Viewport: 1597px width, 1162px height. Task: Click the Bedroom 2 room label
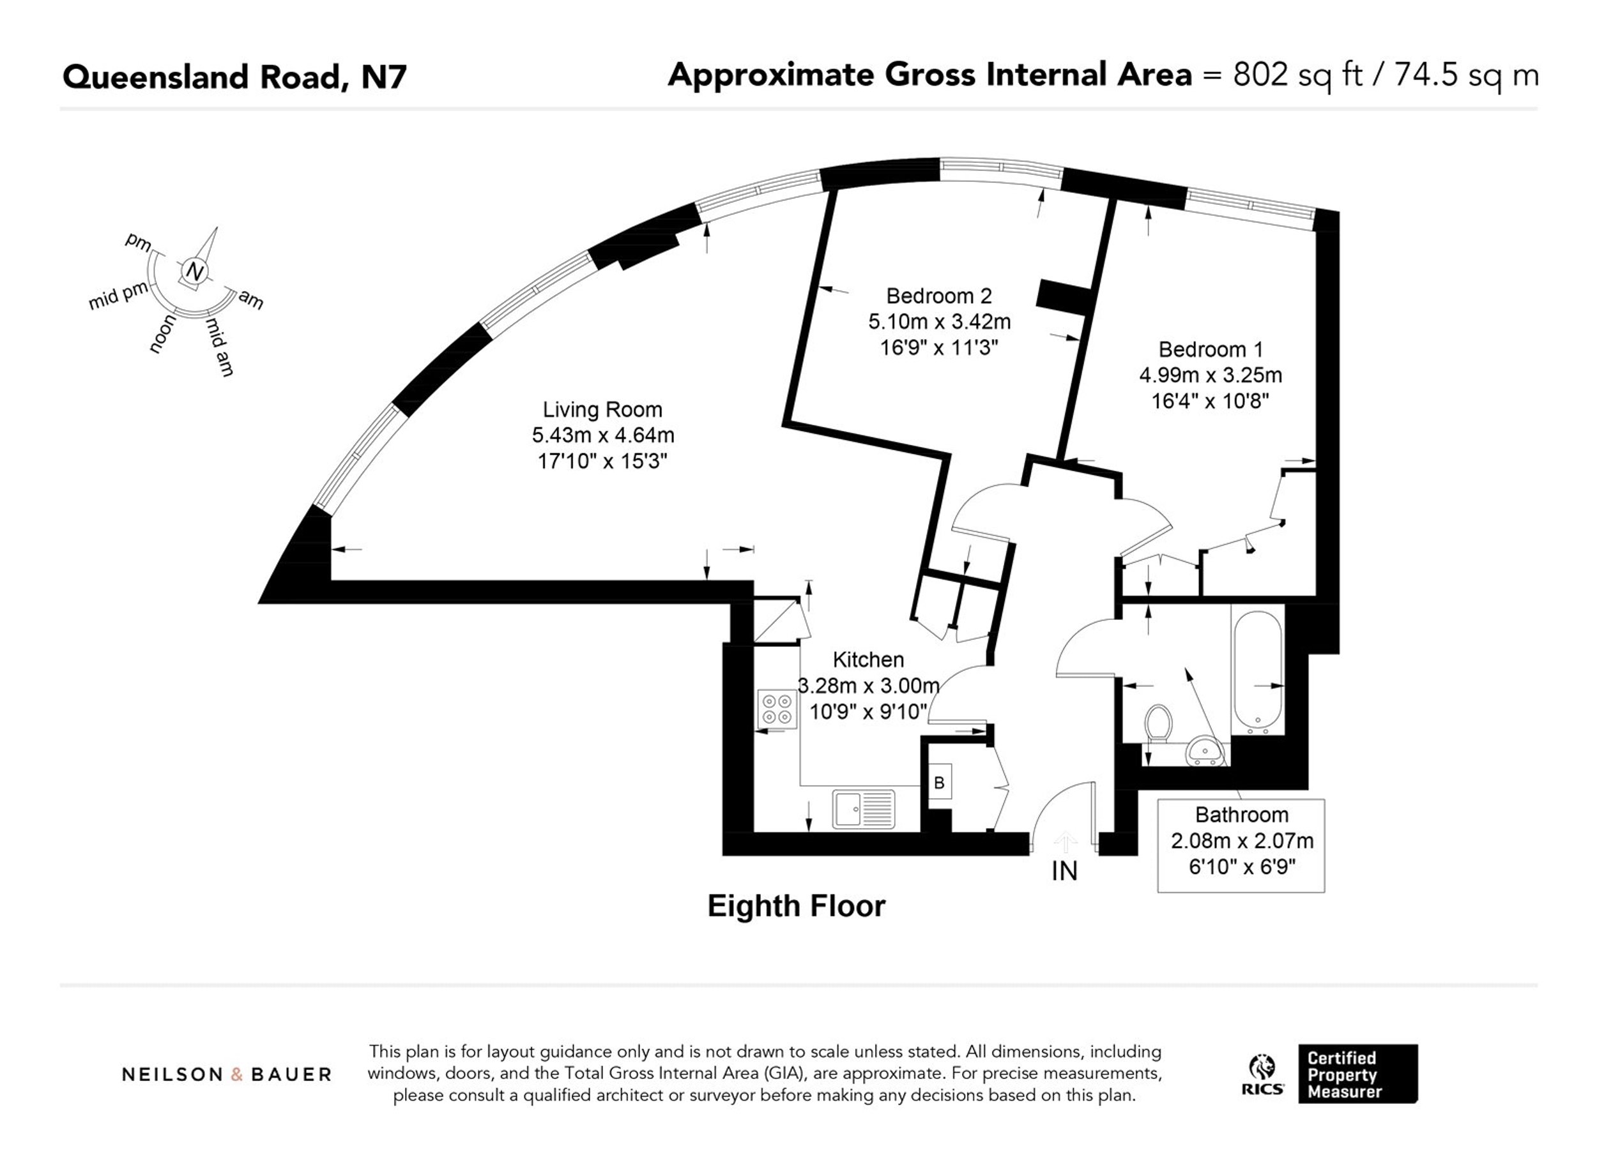point(938,296)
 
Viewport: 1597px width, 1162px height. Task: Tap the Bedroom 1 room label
point(1211,349)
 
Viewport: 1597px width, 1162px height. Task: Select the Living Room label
point(602,410)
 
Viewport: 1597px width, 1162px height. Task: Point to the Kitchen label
point(868,660)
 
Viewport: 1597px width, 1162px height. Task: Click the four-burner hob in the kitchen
point(777,709)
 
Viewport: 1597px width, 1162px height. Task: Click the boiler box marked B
point(938,782)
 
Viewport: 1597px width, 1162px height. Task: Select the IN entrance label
point(1064,871)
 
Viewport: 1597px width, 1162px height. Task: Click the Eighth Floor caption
point(797,906)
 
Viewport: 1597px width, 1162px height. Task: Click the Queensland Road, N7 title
point(234,77)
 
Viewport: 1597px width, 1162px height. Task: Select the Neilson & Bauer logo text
point(227,1074)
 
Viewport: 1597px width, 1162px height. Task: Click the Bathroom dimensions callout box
point(1241,845)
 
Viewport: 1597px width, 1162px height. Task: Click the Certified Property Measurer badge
point(1357,1073)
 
